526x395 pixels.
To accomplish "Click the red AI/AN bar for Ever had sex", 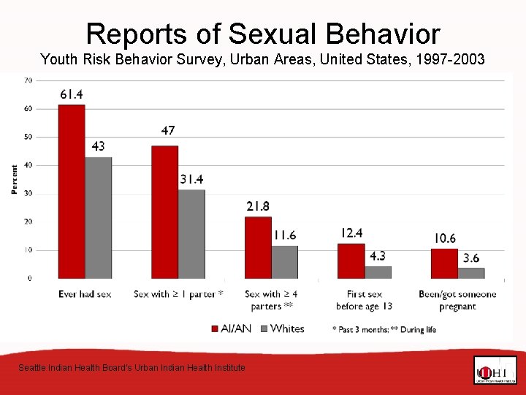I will point(72,192).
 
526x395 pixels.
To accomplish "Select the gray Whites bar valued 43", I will point(99,217).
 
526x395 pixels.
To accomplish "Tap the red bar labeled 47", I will point(165,212).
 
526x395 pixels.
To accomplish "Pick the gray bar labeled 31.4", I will point(192,234).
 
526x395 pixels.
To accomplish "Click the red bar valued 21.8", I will point(258,247).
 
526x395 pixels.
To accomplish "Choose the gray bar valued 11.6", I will point(285,262).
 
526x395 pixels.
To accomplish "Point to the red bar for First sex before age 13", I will point(351,261).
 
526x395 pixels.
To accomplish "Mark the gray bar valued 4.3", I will point(378,272).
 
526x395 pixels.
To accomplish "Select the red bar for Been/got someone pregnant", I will point(444,263).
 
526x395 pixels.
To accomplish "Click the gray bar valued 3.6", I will point(471,273).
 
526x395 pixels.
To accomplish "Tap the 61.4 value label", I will point(72,94).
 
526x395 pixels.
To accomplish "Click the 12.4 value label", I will point(351,233).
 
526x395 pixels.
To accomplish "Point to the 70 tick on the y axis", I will point(28,80).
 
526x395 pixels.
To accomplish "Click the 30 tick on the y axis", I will point(28,194).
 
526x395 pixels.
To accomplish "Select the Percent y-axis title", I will point(14,179).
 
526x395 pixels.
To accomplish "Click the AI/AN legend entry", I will point(232,328).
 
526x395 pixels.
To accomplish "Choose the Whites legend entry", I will point(281,328).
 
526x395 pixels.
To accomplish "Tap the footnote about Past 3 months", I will point(384,330).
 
